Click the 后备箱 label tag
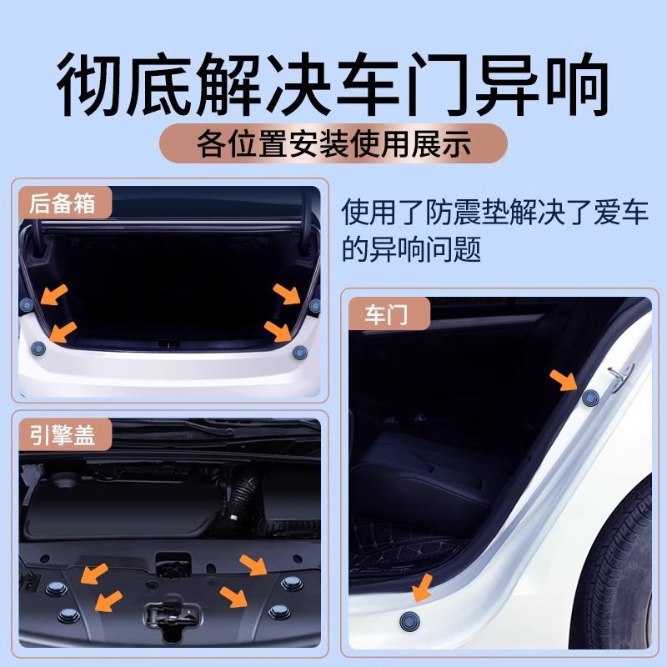click(x=65, y=203)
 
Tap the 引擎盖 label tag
click(x=65, y=434)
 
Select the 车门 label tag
click(x=389, y=314)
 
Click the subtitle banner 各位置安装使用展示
click(x=333, y=143)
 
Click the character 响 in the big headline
click(x=575, y=83)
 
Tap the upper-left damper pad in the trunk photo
click(x=27, y=304)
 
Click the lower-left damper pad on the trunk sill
click(x=38, y=349)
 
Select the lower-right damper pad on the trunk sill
click(x=300, y=352)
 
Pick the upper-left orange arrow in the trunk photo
click(x=54, y=295)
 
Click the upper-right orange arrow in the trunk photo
click(x=287, y=294)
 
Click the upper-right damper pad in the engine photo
click(x=292, y=583)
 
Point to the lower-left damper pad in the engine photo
click(x=68, y=615)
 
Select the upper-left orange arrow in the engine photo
click(x=94, y=574)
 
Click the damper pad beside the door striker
click(x=590, y=398)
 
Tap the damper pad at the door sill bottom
click(x=409, y=622)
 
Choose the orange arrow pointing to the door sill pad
click(x=423, y=589)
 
